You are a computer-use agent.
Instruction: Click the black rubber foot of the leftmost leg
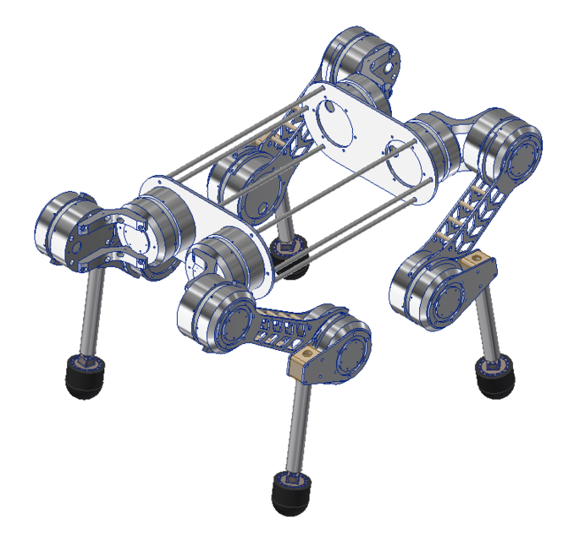(x=85, y=378)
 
